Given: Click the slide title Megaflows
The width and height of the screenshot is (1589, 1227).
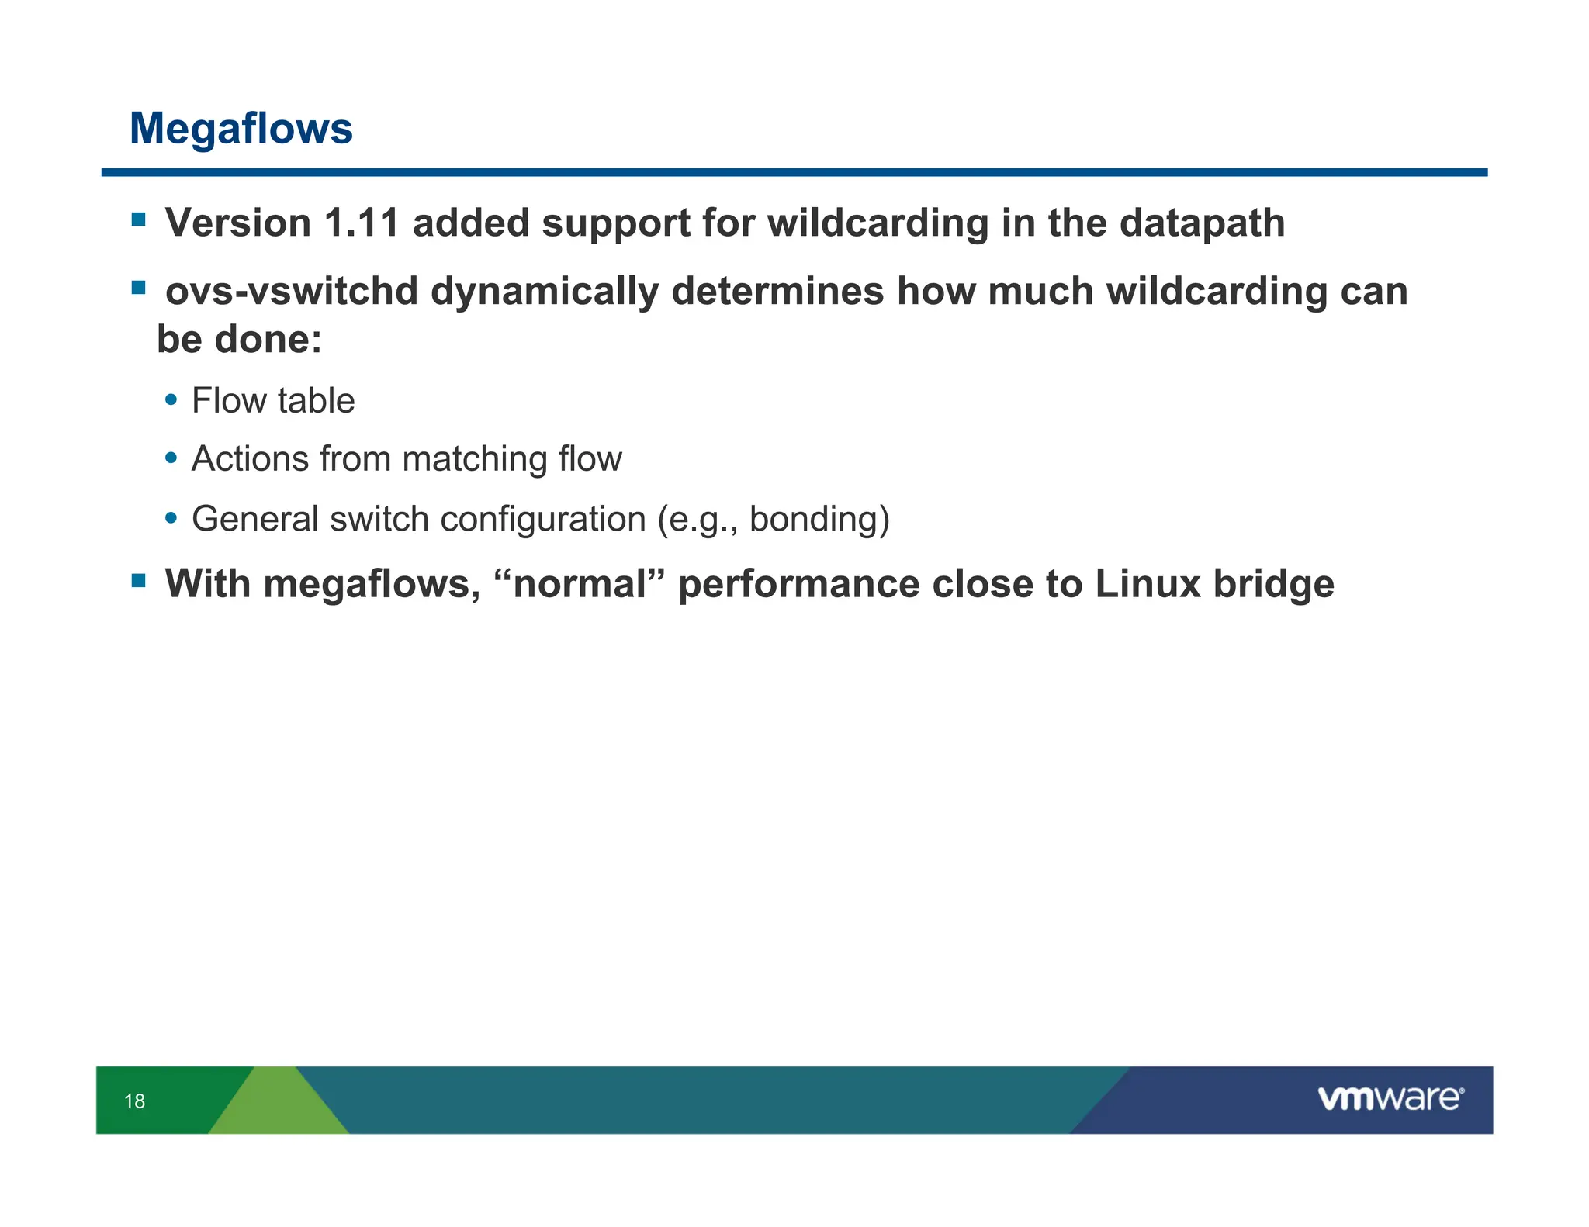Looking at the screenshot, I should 241,128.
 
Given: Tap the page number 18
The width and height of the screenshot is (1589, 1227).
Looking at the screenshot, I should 134,1101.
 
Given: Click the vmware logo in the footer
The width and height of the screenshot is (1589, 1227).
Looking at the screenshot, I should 1390,1098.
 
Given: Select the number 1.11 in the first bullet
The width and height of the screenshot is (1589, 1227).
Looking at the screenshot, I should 361,223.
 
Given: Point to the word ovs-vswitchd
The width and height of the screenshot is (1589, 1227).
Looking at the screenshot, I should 292,292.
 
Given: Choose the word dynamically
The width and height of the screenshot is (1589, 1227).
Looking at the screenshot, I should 544,292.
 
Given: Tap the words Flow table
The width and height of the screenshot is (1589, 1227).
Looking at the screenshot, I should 273,401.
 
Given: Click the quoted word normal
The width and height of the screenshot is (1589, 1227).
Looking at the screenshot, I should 580,584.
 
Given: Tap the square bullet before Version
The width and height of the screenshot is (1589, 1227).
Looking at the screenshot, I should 139,220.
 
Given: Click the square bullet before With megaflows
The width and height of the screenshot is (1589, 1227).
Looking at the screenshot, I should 139,581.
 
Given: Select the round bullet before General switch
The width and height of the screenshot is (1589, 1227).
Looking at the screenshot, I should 171,518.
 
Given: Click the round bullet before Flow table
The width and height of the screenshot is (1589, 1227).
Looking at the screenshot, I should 171,400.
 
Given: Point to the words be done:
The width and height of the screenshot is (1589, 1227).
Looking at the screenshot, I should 239,340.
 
